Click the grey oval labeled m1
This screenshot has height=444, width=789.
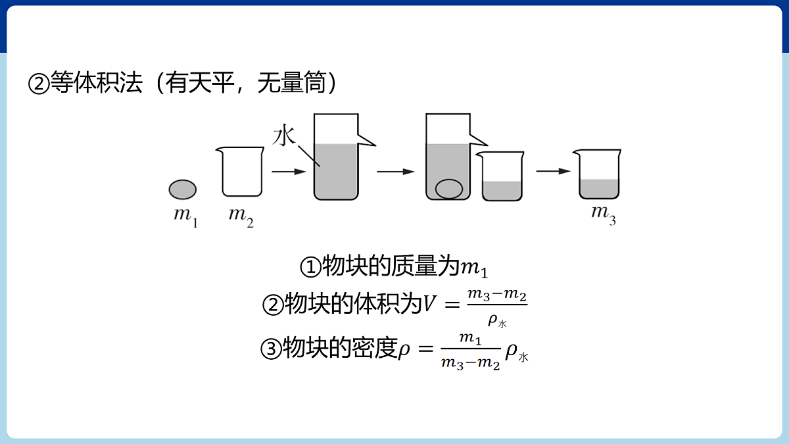click(183, 189)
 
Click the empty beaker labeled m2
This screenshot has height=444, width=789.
click(241, 172)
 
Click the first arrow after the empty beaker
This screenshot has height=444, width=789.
click(289, 172)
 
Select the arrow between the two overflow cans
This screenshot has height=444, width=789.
click(396, 172)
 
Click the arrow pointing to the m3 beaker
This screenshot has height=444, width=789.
click(554, 171)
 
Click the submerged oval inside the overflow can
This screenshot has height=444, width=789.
click(448, 189)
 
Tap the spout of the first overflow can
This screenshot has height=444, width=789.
click(367, 140)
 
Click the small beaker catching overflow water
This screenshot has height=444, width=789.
click(501, 176)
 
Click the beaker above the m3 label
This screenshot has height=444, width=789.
click(598, 174)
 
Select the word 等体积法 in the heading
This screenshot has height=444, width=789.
click(97, 82)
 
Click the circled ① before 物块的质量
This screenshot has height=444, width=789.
click(310, 267)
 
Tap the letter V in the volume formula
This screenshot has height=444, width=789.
click(429, 303)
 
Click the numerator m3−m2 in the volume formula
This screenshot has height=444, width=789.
click(497, 295)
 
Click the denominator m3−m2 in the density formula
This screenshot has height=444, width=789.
click(471, 363)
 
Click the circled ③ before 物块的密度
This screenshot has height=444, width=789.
click(271, 349)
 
